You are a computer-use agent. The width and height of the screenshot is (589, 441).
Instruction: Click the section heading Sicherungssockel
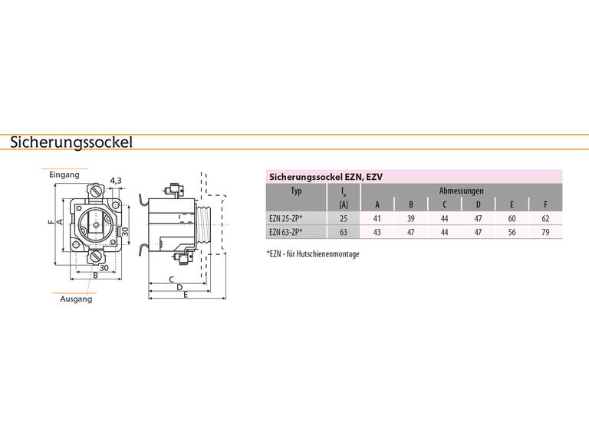(x=71, y=142)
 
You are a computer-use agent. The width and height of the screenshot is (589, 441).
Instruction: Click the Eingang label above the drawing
(x=64, y=175)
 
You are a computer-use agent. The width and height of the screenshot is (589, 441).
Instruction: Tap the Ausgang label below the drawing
(x=76, y=299)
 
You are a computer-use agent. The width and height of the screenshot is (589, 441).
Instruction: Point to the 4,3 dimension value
(x=116, y=181)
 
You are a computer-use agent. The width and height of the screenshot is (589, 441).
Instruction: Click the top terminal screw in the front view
(x=97, y=191)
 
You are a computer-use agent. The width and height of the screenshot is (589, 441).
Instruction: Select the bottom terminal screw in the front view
(x=95, y=257)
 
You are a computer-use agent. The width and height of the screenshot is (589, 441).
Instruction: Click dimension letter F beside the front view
(x=51, y=221)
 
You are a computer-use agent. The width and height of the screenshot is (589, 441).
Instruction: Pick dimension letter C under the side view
(x=171, y=279)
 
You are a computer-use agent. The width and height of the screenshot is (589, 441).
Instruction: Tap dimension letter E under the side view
(x=186, y=295)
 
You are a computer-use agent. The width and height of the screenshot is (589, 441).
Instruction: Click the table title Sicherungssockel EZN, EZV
(x=326, y=177)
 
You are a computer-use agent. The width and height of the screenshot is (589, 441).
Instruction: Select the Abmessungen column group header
(x=461, y=191)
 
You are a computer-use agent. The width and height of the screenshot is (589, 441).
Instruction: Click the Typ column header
(x=296, y=191)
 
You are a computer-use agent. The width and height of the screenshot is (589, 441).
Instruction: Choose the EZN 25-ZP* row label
(x=286, y=218)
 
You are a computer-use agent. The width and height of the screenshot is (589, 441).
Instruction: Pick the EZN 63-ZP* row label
(x=286, y=232)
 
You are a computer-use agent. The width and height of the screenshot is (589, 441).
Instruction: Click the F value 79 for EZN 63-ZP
(x=545, y=232)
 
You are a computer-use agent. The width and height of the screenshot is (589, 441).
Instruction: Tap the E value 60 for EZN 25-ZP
(x=512, y=218)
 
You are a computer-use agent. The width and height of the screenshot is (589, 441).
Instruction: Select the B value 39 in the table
(x=410, y=218)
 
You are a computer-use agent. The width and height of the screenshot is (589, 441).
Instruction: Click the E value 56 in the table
(x=512, y=232)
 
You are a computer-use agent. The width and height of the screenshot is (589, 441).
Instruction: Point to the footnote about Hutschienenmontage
(x=313, y=254)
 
